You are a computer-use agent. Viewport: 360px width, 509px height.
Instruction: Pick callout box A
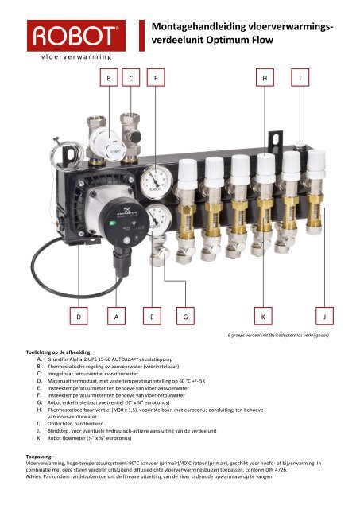click(x=118, y=317)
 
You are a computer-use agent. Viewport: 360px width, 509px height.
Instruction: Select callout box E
click(x=152, y=317)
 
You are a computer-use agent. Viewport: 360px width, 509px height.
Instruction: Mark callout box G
click(x=185, y=317)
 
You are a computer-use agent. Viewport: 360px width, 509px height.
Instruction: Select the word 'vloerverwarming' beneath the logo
click(x=72, y=57)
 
